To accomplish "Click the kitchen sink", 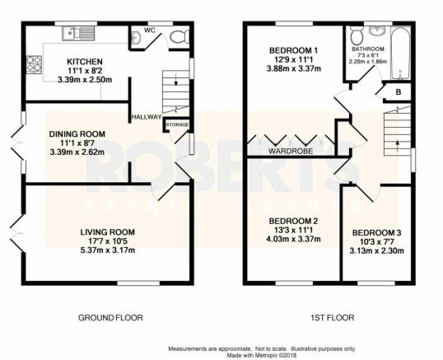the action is pos(78,33).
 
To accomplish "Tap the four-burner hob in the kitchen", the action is pos(35,65).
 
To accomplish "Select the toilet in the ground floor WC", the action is pos(180,36).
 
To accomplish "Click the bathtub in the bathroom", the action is pos(401,53).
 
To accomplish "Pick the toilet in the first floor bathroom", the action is pos(355,35).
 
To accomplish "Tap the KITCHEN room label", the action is pos(85,62).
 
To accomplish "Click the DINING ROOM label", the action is pos(77,134).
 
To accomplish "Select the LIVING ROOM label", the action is pos(107,232).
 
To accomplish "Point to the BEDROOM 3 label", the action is pos(376,233).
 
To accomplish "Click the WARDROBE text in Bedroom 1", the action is pos(291,152).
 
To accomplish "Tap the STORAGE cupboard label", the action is pos(177,124).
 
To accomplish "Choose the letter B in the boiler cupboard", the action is pos(399,92).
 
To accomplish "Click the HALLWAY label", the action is pos(147,117).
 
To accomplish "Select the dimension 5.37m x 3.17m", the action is pos(107,250).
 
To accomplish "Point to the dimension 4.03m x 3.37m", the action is pos(293,239).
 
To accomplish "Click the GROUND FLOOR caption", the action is pos(110,318).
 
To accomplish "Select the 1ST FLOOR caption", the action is pos(333,318).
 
